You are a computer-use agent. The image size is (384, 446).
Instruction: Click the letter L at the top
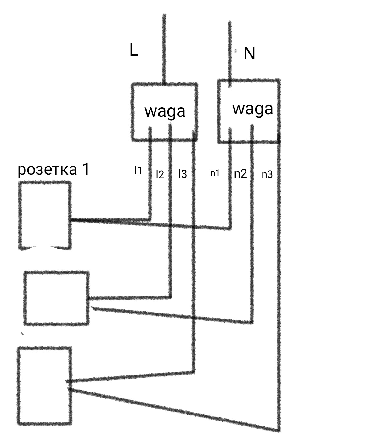[134, 50]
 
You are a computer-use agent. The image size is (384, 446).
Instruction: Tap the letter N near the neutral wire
[249, 53]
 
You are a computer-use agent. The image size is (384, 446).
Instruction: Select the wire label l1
[138, 171]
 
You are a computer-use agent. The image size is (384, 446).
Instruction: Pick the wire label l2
[160, 174]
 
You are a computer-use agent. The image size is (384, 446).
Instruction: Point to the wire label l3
[183, 174]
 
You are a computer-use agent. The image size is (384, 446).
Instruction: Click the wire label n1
[215, 173]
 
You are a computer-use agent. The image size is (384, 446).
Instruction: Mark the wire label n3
[267, 174]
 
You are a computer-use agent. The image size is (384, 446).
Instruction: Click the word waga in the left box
[165, 112]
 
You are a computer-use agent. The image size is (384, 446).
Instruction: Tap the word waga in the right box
[253, 109]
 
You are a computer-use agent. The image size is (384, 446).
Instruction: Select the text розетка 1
[53, 170]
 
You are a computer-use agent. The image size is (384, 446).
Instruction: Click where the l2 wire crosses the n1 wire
[170, 225]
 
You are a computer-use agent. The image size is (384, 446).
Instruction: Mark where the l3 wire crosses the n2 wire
[194, 317]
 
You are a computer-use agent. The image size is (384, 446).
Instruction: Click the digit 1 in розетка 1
[86, 169]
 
